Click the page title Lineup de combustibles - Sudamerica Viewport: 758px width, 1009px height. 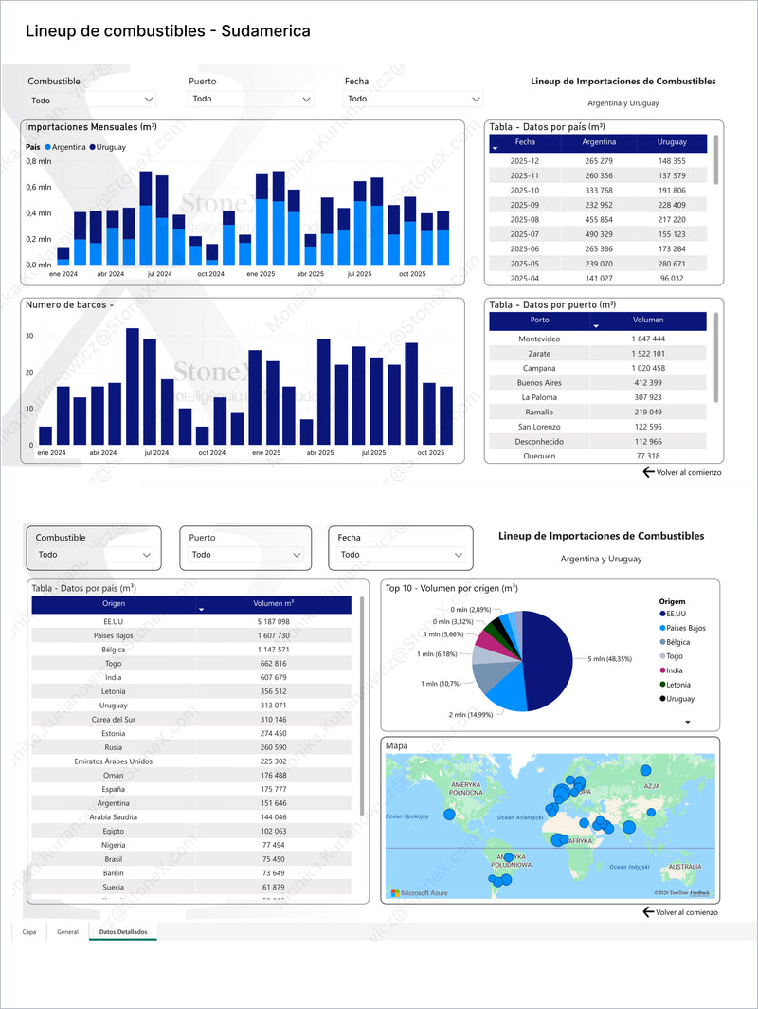point(168,31)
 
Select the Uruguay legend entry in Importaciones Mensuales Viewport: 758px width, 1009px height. point(110,147)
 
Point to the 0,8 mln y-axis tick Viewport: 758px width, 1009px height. point(38,161)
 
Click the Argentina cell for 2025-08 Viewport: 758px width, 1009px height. point(599,219)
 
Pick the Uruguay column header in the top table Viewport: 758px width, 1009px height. point(672,142)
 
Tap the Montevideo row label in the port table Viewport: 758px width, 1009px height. point(539,339)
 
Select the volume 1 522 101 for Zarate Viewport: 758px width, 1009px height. point(648,354)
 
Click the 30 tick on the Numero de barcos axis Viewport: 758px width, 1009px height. point(29,336)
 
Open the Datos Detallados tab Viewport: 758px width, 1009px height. point(123,932)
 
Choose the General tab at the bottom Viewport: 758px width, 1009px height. point(67,932)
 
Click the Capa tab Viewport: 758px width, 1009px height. point(29,932)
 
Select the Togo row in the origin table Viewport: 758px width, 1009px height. point(114,664)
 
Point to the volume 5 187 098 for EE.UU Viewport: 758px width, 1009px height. point(273,621)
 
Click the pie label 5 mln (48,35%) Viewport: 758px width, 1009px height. point(610,658)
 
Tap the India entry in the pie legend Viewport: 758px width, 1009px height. point(677,670)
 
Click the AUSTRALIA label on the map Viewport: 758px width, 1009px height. point(685,867)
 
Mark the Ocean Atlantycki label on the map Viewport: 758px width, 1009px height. point(519,817)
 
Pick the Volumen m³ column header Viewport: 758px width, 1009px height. point(274,604)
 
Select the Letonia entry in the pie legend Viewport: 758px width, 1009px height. point(680,685)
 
